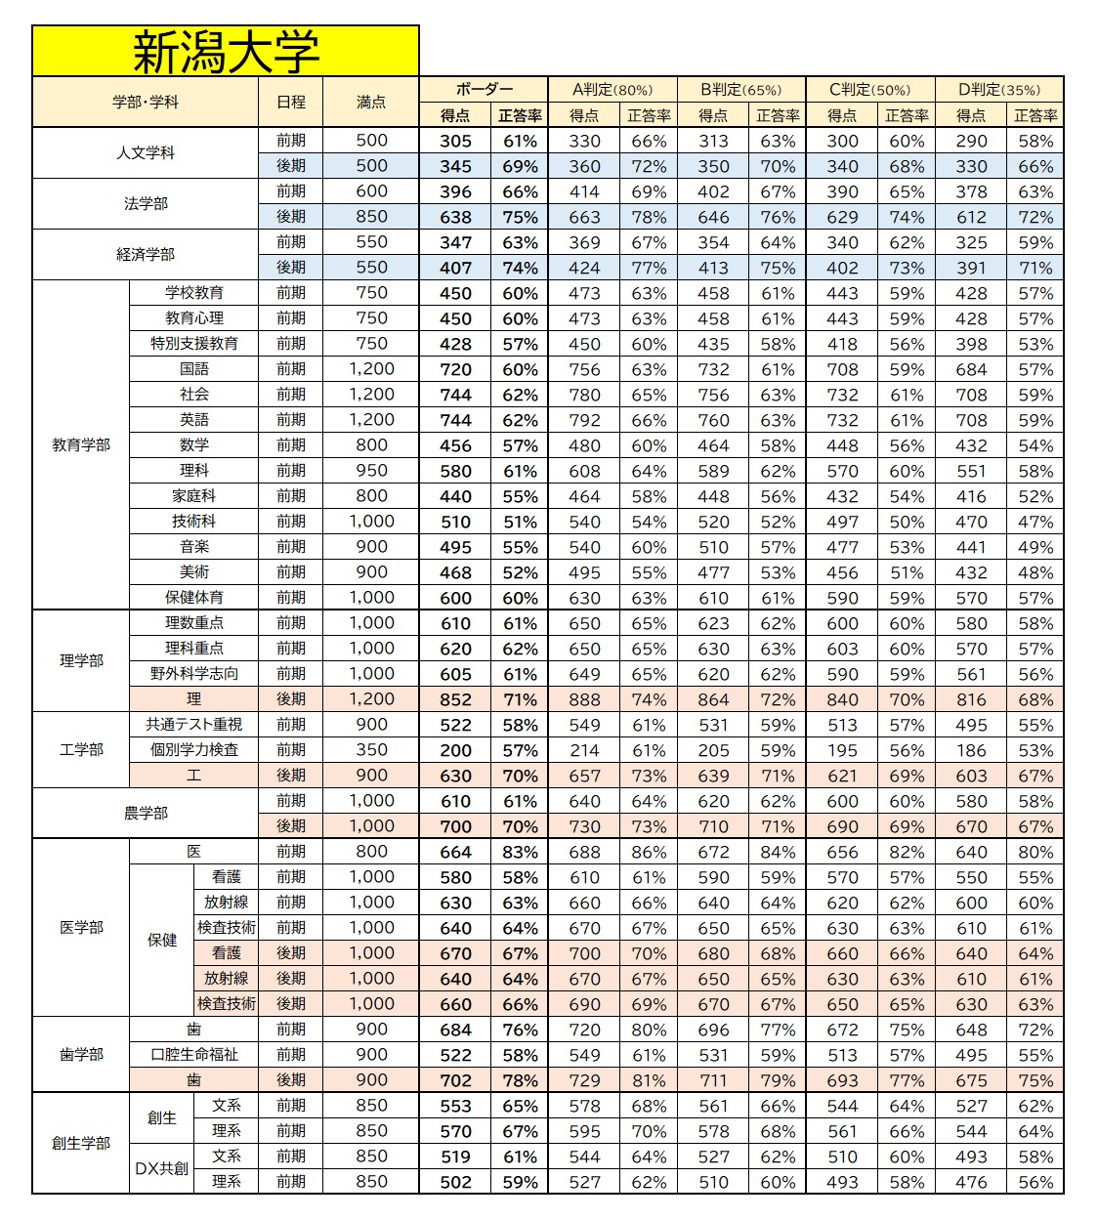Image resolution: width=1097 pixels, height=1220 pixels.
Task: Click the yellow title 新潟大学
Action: coord(226,52)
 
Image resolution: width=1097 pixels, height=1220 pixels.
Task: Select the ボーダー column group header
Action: coord(484,89)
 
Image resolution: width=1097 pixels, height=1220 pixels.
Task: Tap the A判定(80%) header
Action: coord(612,89)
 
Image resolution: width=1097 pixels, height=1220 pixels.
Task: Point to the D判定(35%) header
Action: coord(998,89)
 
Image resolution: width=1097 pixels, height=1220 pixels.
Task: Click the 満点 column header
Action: coord(371,102)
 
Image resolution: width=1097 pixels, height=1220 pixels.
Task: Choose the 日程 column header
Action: coord(291,102)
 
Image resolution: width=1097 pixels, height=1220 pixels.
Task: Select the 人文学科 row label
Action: coord(146,152)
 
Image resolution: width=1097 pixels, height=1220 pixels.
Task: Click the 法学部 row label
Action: coord(146,203)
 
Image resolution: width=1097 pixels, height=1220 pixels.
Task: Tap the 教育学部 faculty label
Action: coord(81,444)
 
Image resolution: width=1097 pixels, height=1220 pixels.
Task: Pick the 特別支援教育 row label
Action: coord(194,343)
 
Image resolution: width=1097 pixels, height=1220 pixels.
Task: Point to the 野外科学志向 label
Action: coord(194,673)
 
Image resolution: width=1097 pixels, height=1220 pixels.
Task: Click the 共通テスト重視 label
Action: coord(194,724)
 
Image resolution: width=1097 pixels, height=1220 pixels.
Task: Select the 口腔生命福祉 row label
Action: coord(194,1054)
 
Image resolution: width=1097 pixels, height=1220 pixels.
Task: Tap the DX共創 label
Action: coord(161,1168)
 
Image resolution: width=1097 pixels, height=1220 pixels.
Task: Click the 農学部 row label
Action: coord(146,813)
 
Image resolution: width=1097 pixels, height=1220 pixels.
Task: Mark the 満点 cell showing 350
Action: coord(371,749)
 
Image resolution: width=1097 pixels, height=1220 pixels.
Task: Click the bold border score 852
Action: coord(455,699)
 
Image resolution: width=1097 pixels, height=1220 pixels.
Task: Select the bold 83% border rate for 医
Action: coord(520,852)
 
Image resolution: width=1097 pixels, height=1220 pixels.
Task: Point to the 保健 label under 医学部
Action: coord(162,940)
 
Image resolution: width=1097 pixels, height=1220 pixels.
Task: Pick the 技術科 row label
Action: coord(194,521)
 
